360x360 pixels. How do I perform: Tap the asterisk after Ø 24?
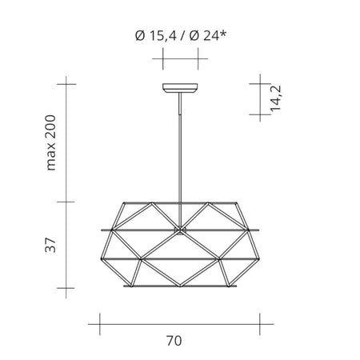tap(223, 33)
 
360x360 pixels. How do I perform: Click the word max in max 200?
tap(54, 155)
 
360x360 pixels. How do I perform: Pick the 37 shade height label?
tap(53, 245)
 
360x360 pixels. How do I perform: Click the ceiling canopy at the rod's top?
tap(180, 89)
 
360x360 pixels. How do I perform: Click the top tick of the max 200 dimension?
tap(66, 82)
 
